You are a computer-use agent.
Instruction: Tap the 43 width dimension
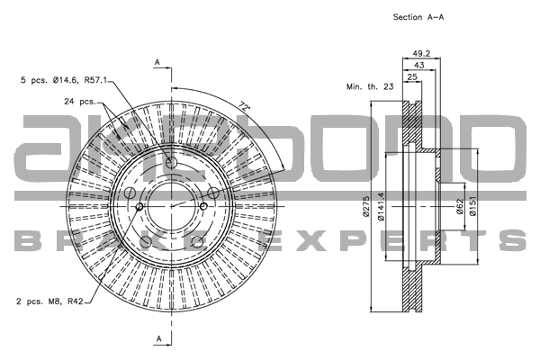coord(418,66)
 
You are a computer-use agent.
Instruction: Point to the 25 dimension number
coord(411,78)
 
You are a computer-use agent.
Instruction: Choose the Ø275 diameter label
coord(367,207)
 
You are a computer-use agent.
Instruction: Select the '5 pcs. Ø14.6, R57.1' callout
coord(65,80)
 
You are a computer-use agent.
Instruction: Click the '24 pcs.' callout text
coord(79,101)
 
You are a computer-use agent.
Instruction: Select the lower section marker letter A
coord(157,337)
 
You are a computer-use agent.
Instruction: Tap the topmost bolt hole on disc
coord(171,162)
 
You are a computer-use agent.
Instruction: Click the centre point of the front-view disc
coord(171,205)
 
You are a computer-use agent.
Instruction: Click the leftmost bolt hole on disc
coord(139,209)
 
